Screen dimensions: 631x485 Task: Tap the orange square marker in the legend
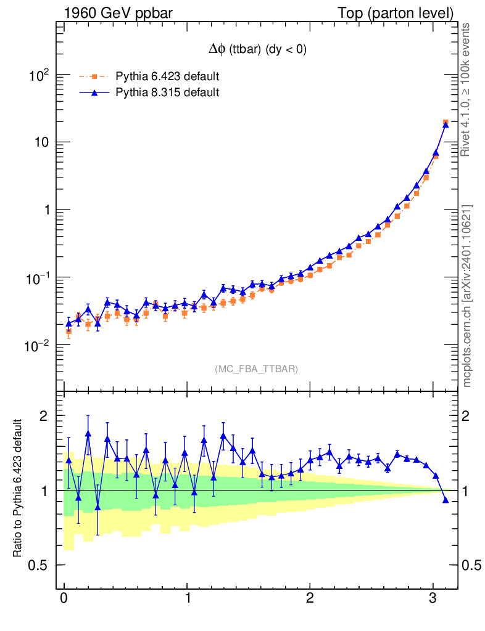coord(94,77)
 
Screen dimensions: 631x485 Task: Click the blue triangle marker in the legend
coord(94,93)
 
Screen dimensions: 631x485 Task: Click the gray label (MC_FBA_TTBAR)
coord(257,369)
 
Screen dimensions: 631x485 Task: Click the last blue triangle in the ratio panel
coord(446,500)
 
